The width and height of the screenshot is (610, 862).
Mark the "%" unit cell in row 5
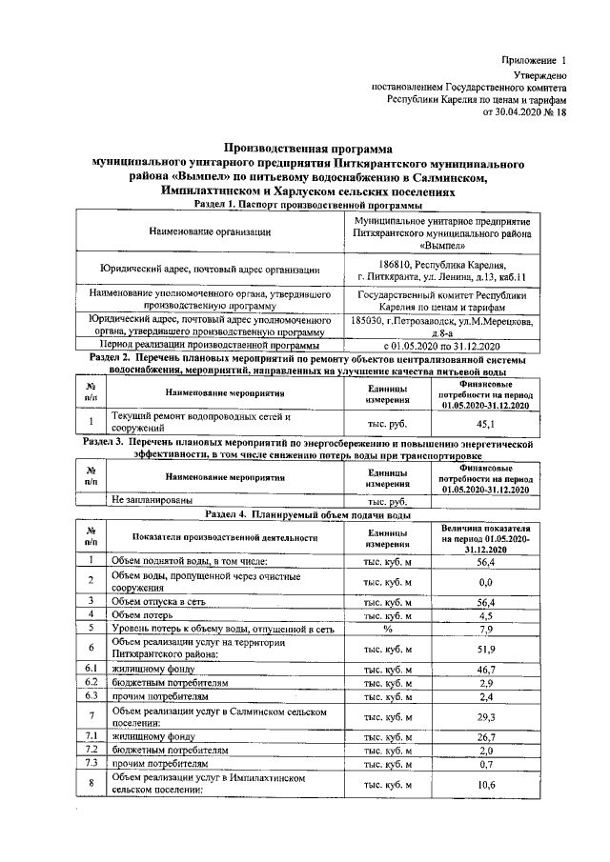point(388,629)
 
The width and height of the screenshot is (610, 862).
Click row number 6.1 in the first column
point(89,670)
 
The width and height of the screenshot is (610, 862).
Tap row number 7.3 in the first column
point(89,764)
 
